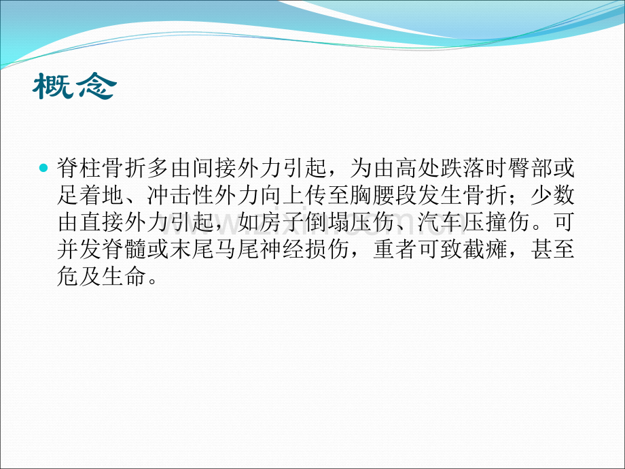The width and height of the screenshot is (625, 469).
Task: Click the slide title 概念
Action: tap(75, 87)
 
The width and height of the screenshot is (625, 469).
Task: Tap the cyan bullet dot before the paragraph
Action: tap(44, 167)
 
